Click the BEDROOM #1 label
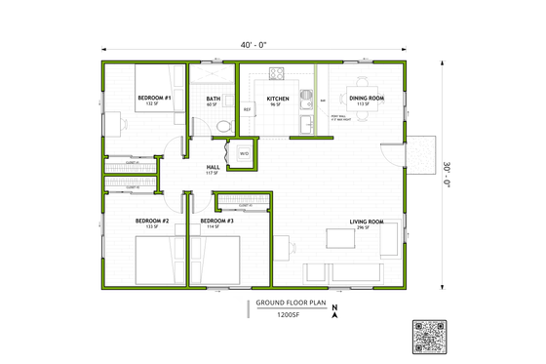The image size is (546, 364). tap(154, 99)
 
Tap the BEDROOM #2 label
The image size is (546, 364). tap(152, 222)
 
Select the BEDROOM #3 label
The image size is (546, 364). tap(217, 222)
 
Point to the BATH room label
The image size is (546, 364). tap(213, 100)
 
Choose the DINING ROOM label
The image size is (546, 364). tap(367, 97)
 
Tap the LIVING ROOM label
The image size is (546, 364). tap(367, 222)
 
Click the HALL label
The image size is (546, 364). tap(213, 168)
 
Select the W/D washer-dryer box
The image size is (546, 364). tap(243, 153)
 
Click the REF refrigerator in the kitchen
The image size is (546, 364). tap(248, 109)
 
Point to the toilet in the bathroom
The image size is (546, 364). tap(223, 125)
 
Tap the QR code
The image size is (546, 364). tap(430, 336)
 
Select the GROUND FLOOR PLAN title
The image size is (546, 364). tap(290, 303)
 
